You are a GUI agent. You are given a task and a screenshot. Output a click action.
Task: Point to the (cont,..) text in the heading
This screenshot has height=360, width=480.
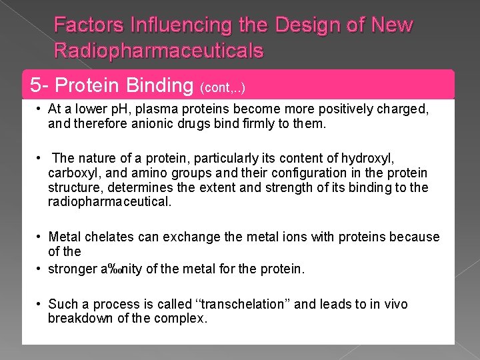point(223,87)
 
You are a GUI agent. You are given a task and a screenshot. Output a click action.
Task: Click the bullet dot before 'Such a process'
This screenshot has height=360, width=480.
point(41,304)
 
